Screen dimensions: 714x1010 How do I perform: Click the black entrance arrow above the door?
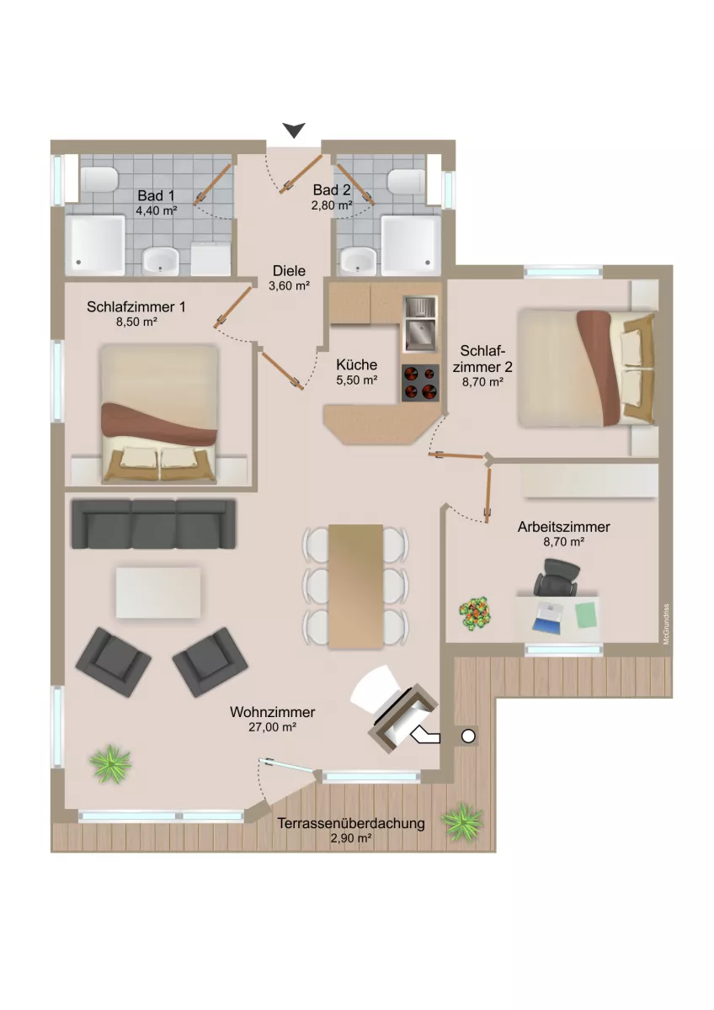click(294, 130)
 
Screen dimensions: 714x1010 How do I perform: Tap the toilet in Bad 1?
click(99, 179)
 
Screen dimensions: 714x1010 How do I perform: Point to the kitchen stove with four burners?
click(420, 382)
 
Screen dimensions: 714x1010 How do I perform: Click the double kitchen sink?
click(420, 324)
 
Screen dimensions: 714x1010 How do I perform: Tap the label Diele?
click(289, 270)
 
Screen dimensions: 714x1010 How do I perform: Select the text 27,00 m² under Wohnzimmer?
click(272, 727)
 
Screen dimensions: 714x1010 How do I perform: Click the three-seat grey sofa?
click(153, 524)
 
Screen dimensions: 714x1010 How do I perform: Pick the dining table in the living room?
click(356, 586)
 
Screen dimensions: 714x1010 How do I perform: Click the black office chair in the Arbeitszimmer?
click(557, 577)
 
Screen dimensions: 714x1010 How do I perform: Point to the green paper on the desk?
click(586, 615)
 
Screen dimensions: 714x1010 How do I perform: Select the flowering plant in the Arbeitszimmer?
click(475, 613)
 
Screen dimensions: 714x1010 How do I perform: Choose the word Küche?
click(356, 364)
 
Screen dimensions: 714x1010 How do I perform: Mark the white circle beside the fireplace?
click(469, 736)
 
